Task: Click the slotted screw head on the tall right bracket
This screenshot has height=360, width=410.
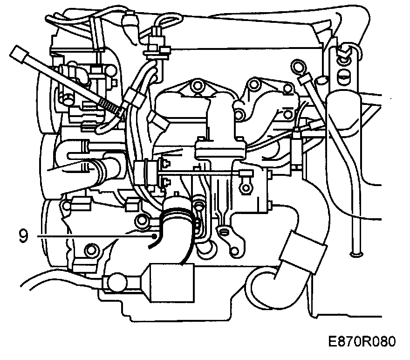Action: tap(344, 75)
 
